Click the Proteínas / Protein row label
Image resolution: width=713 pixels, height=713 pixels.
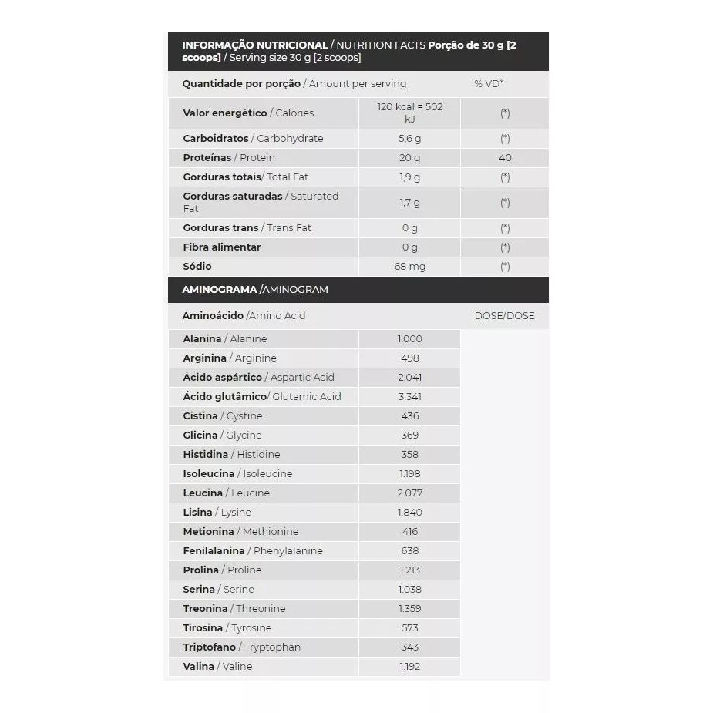[x=229, y=158]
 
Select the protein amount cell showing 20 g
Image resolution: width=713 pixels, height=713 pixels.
[x=410, y=158]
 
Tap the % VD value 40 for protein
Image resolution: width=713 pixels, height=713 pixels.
[x=505, y=158]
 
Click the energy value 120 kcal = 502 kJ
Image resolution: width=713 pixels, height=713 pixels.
[x=410, y=113]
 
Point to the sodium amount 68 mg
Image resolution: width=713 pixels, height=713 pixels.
[x=410, y=267]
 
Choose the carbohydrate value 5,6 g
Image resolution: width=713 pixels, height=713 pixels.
[x=410, y=139]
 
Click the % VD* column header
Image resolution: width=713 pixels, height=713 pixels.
[x=489, y=84]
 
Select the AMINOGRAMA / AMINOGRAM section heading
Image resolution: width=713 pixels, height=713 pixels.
[x=255, y=290]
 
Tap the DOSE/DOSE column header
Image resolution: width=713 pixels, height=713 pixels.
[x=504, y=316]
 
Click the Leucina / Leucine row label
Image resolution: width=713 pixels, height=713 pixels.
[x=227, y=493]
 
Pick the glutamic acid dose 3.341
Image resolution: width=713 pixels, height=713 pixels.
[x=410, y=397]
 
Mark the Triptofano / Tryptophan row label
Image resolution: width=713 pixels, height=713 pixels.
[x=241, y=647]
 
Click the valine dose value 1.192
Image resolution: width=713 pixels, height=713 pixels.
[x=410, y=667]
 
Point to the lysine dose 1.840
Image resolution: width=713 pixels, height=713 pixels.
[x=410, y=513]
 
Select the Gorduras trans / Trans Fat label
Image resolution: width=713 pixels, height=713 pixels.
[x=247, y=228]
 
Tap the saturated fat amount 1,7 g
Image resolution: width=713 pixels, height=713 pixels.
[x=410, y=203]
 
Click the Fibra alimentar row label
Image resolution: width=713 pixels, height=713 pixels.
[x=222, y=247]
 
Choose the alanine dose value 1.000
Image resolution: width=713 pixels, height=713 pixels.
[x=410, y=339]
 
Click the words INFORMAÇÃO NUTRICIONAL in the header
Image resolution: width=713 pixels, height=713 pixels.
[x=255, y=45]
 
